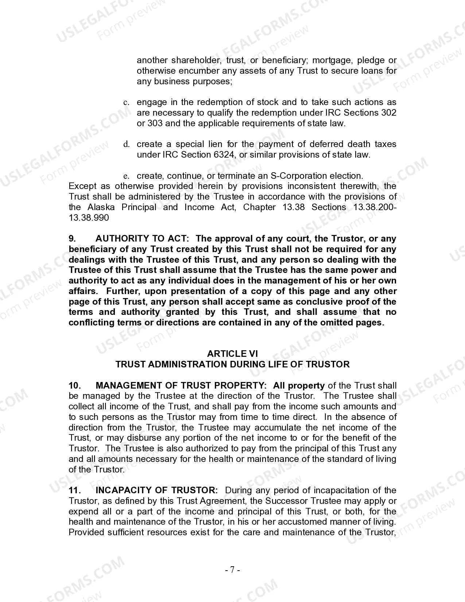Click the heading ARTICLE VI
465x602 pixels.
[232, 354]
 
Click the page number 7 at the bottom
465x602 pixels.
[232, 570]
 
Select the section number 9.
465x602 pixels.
[72, 239]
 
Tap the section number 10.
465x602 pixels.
[74, 386]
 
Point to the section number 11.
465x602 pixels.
[74, 490]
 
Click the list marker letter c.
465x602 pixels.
[126, 103]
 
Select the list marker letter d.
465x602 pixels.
[127, 144]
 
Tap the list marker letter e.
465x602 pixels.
[126, 176]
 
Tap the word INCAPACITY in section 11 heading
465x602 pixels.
[123, 490]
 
